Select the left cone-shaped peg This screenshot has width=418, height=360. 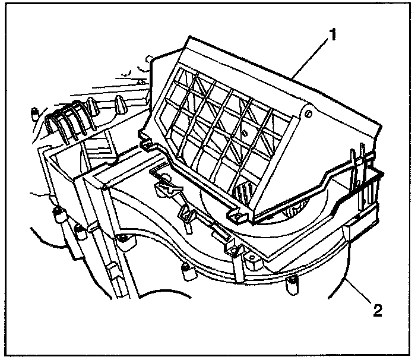click(x=91, y=107)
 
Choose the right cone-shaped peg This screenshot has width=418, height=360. click(x=119, y=105)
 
